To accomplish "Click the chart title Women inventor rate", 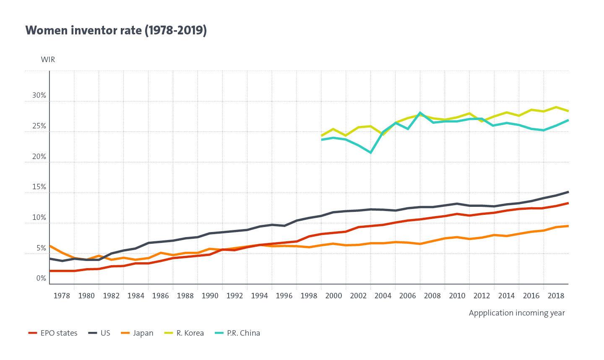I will click(x=116, y=31).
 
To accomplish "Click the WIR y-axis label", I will click(x=48, y=59).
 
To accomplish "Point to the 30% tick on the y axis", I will click(x=39, y=96).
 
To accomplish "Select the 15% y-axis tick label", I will click(x=39, y=187).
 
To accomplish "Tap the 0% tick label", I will click(x=41, y=278).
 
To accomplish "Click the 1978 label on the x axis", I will click(x=62, y=295).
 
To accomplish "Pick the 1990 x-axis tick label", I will click(x=210, y=295).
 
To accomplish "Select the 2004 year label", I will click(x=383, y=295).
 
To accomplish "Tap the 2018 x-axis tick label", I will click(x=556, y=295).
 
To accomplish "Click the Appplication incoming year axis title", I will click(x=517, y=313).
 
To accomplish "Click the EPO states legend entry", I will click(x=53, y=333).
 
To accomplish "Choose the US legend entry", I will click(x=100, y=333).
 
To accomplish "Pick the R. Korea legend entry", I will click(x=184, y=333).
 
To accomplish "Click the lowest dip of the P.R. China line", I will click(x=370, y=152).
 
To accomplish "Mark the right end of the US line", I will click(x=568, y=192).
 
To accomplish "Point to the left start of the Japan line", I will click(x=50, y=246).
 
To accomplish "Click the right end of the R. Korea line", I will click(x=568, y=111).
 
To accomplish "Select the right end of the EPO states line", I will click(x=568, y=203).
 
